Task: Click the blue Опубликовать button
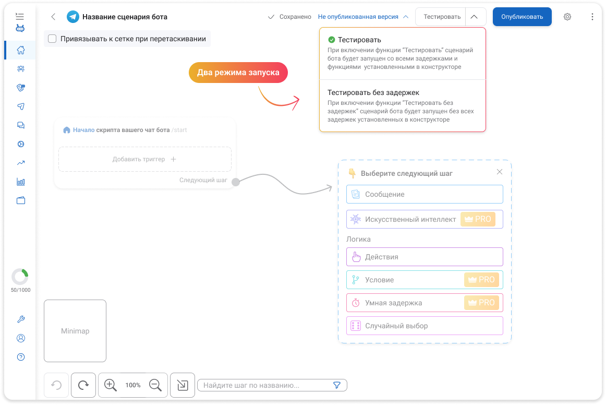point(522,17)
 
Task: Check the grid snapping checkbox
point(52,39)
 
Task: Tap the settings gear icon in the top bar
point(567,17)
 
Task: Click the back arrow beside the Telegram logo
point(53,17)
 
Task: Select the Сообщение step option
point(425,194)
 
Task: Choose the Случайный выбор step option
point(425,326)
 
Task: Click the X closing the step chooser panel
point(499,172)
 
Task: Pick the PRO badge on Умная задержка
point(481,303)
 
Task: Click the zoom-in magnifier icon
point(110,385)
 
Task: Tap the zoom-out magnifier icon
point(155,385)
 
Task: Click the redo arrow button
point(83,385)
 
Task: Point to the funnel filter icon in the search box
point(337,385)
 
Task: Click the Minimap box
point(75,331)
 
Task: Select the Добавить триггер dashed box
point(145,159)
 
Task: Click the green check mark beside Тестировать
point(331,40)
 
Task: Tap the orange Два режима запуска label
point(238,73)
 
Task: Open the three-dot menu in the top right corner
point(592,17)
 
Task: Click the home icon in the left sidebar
point(21,50)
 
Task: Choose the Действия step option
point(425,257)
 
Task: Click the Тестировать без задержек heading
point(373,92)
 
